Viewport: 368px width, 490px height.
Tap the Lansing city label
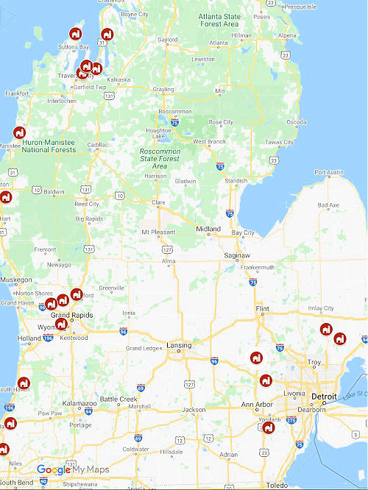(179, 345)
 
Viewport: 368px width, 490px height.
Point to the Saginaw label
(237, 256)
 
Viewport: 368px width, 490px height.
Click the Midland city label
(208, 229)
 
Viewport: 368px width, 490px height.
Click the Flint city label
(261, 309)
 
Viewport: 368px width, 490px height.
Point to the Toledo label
(277, 486)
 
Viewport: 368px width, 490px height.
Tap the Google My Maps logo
(72, 469)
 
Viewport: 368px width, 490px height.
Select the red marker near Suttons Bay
(75, 34)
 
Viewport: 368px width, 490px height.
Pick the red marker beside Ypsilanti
(269, 427)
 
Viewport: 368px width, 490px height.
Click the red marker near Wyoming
(62, 323)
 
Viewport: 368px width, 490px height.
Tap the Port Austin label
(329, 173)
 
